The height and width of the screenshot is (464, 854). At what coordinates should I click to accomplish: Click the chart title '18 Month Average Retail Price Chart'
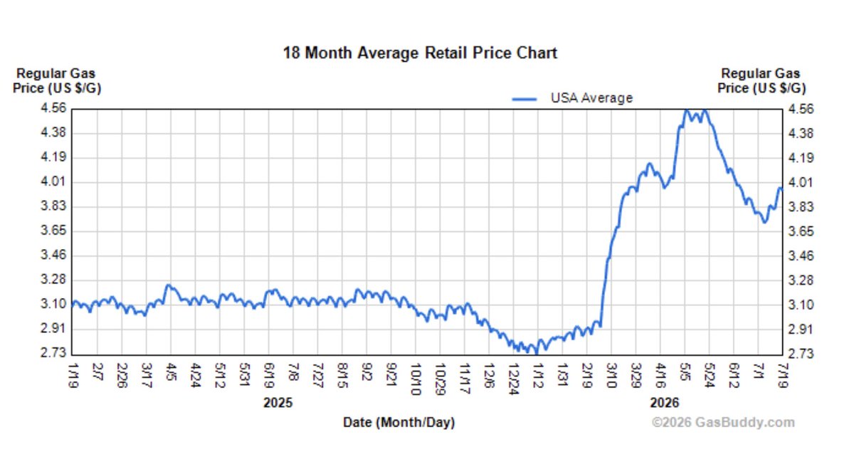pos(420,53)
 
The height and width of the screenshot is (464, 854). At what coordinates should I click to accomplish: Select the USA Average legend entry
pos(572,98)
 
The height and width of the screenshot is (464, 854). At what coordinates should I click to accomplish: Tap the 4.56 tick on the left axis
pos(53,108)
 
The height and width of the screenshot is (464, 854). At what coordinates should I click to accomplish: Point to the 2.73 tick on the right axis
pos(801,354)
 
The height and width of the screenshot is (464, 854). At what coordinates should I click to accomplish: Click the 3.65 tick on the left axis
pos(53,231)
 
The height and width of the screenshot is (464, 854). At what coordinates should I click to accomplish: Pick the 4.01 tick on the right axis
pos(801,182)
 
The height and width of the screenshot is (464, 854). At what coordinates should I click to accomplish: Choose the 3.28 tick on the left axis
pos(53,280)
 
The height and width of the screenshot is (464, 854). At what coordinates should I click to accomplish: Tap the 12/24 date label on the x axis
pos(514,379)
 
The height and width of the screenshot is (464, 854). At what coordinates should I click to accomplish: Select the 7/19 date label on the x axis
pos(782,376)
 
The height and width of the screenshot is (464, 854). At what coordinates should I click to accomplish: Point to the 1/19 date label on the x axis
pos(73,376)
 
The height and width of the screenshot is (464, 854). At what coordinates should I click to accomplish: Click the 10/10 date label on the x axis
pos(416,379)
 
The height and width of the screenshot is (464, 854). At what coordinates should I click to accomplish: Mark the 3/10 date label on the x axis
pos(611,376)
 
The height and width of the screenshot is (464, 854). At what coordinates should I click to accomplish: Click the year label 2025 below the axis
pos(278,403)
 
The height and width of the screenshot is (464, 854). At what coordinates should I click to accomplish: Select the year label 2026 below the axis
pos(665,403)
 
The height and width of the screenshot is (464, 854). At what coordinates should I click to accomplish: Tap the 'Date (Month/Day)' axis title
pos(399,422)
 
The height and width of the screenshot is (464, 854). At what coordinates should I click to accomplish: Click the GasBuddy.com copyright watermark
pos(723,422)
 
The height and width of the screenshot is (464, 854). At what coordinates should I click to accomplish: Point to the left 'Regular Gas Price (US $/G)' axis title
pos(57,80)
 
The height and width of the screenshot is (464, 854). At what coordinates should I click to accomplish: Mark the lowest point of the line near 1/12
pos(537,354)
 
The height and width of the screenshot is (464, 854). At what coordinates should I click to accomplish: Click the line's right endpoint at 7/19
pos(782,189)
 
